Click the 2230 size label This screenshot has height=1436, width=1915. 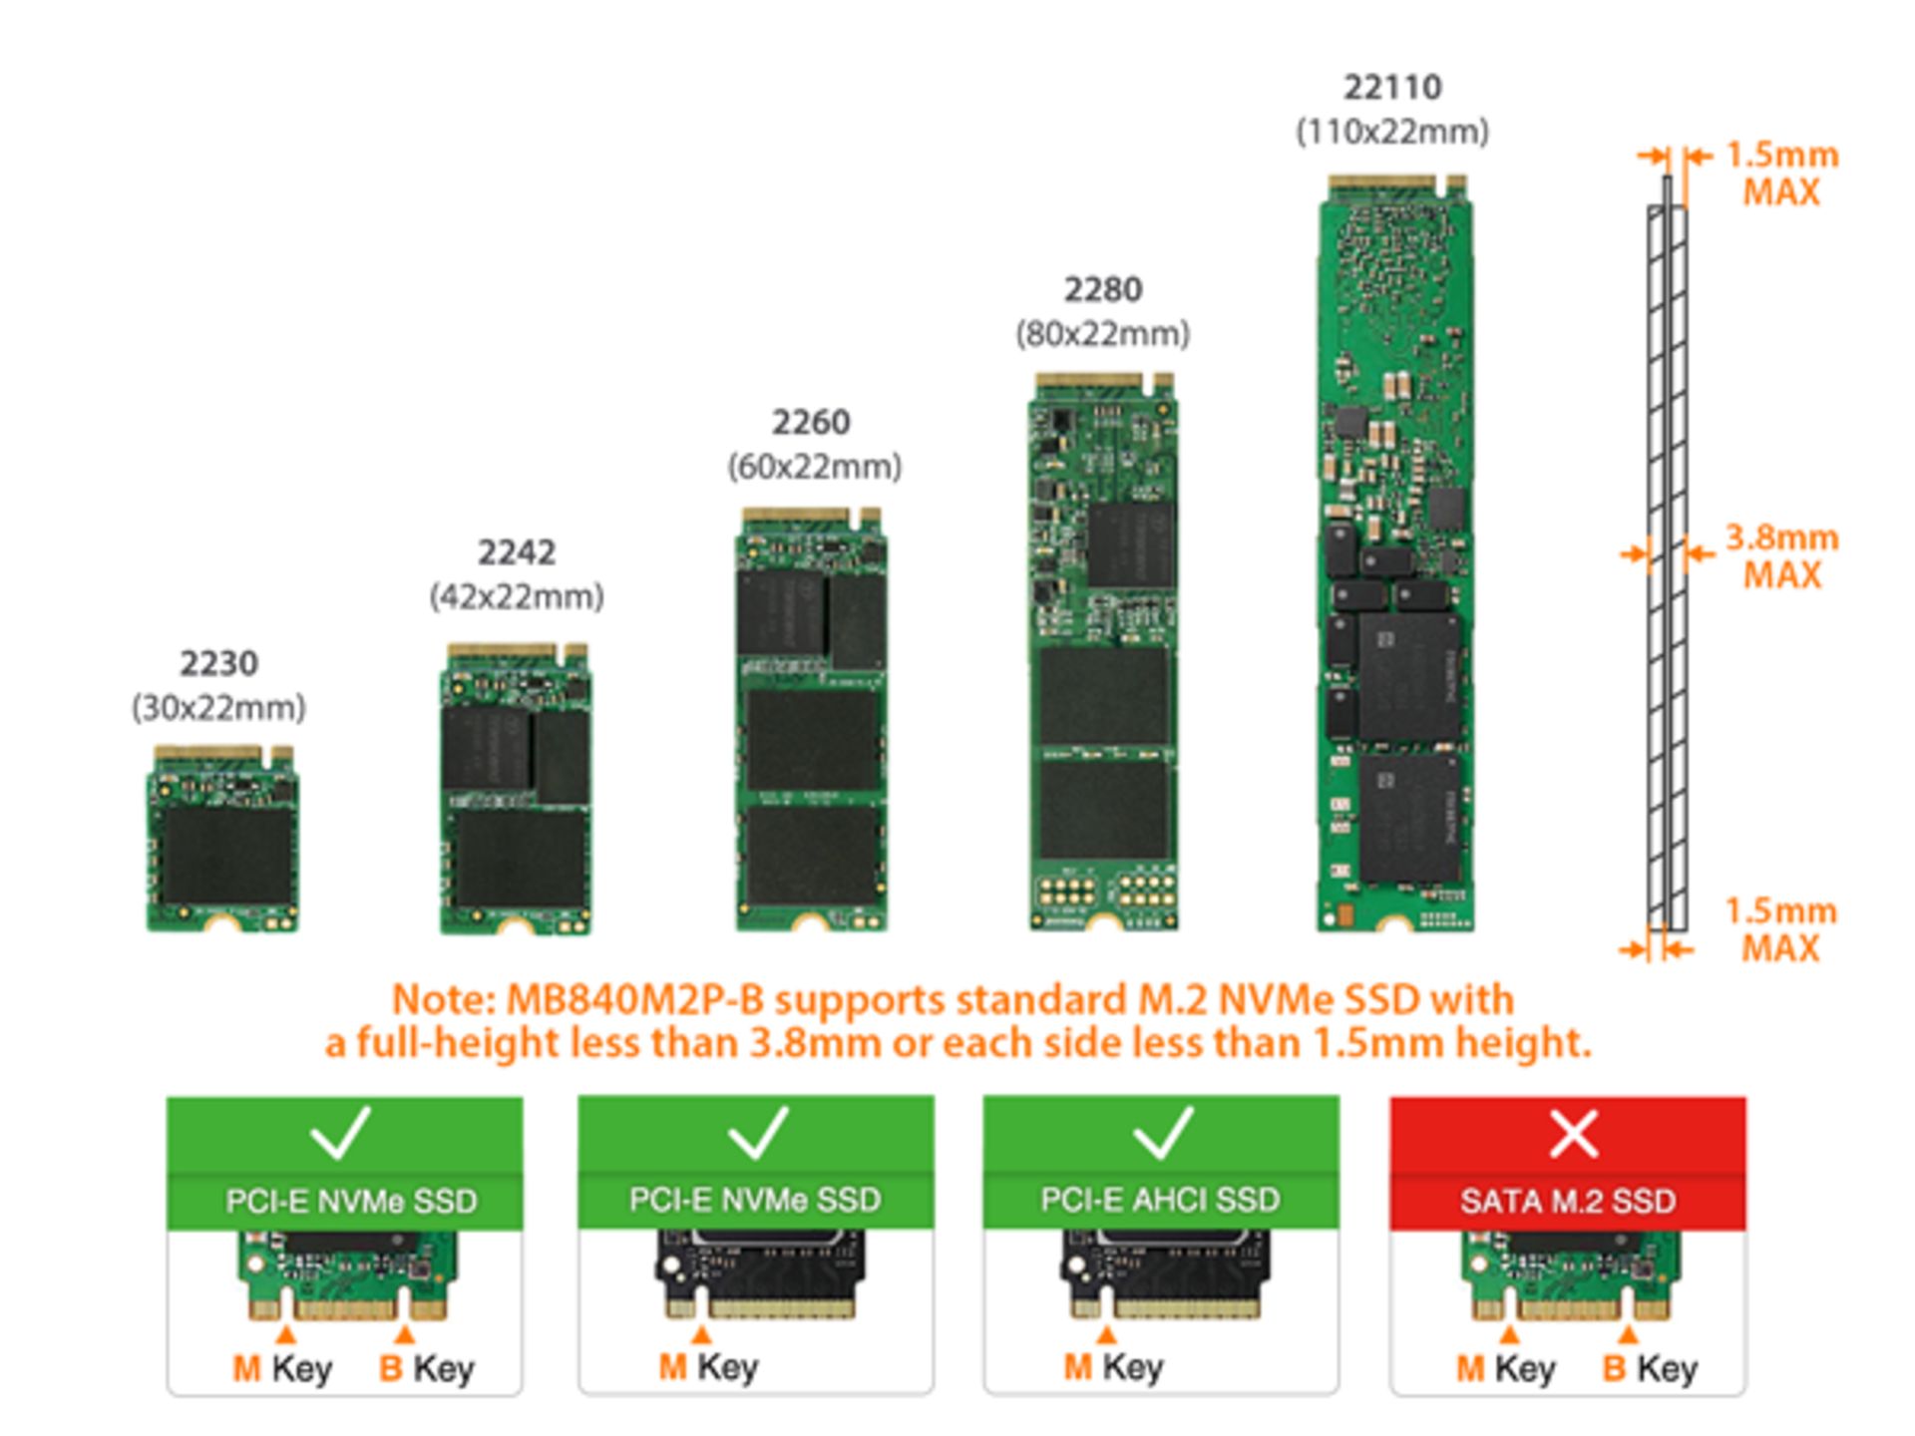[218, 663]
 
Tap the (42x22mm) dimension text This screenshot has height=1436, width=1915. [517, 597]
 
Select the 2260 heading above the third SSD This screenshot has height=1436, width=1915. [811, 422]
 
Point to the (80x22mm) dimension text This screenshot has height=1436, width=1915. [1102, 333]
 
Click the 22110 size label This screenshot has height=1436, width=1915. [1392, 88]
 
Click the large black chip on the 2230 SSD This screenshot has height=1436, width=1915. [227, 856]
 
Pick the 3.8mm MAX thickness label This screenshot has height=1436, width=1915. [1781, 556]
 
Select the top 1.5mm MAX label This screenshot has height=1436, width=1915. [1781, 174]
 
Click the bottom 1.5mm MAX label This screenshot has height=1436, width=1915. [1781, 929]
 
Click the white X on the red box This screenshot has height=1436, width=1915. [1573, 1135]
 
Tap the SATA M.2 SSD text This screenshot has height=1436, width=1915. [1568, 1201]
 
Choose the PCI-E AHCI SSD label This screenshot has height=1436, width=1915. [1160, 1200]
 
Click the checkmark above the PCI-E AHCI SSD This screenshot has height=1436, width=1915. [1163, 1133]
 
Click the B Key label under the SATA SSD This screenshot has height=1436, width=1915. [1650, 1368]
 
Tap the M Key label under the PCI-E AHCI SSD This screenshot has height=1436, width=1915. [1113, 1366]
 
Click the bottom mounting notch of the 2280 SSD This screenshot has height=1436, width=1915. [1103, 923]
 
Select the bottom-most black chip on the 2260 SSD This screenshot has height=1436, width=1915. [812, 856]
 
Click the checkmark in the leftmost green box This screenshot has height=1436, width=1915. [340, 1133]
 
